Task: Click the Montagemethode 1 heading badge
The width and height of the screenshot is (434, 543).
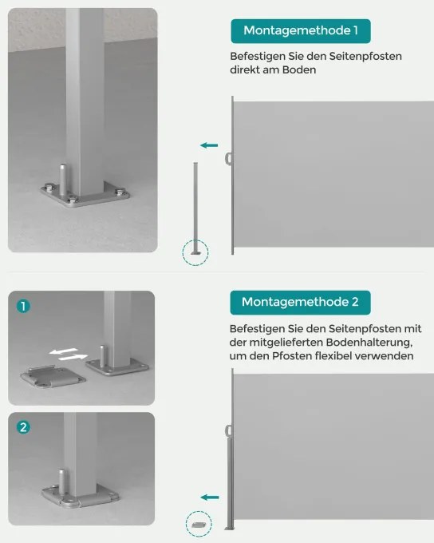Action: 301,31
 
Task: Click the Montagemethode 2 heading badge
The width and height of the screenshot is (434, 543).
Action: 300,303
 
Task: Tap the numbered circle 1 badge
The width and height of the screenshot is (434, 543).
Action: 23,306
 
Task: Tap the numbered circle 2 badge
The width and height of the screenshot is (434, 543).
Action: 23,427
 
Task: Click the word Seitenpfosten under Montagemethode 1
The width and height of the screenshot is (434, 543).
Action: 365,57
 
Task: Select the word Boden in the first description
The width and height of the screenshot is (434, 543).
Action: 299,70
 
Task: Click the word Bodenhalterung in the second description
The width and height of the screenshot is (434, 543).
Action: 369,343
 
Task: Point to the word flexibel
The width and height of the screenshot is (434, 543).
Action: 329,356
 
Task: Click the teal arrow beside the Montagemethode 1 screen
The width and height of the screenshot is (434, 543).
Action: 209,145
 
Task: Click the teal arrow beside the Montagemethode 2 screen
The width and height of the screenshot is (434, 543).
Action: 210,497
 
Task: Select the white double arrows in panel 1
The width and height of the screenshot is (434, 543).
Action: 68,354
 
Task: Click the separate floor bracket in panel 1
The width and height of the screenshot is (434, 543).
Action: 53,377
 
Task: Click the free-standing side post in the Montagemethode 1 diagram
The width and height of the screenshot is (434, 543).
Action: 195,208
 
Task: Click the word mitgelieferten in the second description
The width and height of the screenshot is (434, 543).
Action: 286,343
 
